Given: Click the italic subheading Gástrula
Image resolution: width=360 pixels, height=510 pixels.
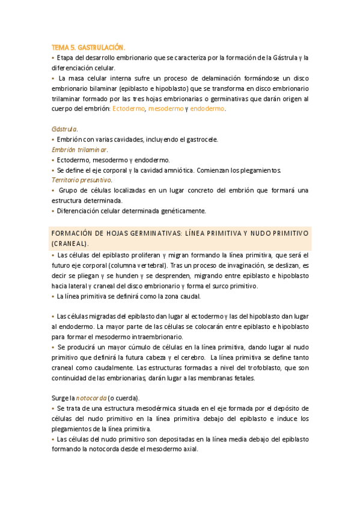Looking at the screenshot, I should click(64, 129).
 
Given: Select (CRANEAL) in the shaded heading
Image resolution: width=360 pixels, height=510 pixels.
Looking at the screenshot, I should click(70, 244).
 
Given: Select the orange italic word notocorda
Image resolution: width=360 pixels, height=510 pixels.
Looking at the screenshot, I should click(91, 398).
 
